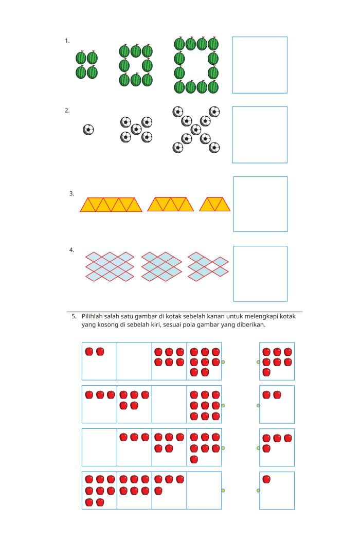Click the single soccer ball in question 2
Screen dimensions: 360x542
tap(88, 130)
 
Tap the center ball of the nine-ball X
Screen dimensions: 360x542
tap(196, 130)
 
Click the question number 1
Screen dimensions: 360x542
tap(67, 41)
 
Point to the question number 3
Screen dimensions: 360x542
tap(71, 193)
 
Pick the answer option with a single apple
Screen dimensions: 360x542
tap(277, 491)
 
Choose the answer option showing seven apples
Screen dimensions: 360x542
tap(277, 361)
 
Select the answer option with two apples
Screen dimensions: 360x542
tap(277, 404)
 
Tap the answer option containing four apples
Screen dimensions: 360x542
tap(277, 447)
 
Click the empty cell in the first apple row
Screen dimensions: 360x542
tap(135, 361)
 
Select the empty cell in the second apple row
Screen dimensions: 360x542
tap(169, 404)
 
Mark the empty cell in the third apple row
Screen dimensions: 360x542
tap(100, 447)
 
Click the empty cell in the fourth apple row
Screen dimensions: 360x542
tap(204, 491)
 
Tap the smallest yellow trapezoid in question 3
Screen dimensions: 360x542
tap(215, 204)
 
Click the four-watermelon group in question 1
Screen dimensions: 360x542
tap(86, 65)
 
